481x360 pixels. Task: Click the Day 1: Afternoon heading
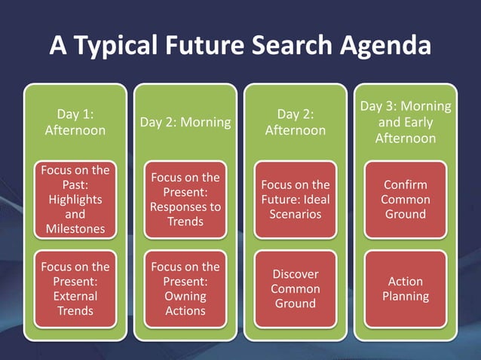pyautogui.click(x=75, y=122)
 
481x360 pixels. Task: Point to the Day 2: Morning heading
pyautogui.click(x=185, y=122)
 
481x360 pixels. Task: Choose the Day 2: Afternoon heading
pyautogui.click(x=296, y=122)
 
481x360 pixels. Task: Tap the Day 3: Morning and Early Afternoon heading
pyautogui.click(x=406, y=122)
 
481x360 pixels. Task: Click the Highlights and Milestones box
pyautogui.click(x=75, y=200)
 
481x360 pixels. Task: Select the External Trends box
pyautogui.click(x=75, y=288)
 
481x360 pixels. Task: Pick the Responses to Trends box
pyautogui.click(x=185, y=200)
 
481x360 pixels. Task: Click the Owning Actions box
pyautogui.click(x=185, y=288)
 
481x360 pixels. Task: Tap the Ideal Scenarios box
pyautogui.click(x=296, y=200)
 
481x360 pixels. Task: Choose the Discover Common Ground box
pyautogui.click(x=296, y=288)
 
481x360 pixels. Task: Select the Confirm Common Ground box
pyautogui.click(x=406, y=200)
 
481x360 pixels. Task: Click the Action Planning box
pyautogui.click(x=406, y=288)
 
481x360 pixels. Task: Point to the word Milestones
pyautogui.click(x=75, y=229)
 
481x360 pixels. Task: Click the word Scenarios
pyautogui.click(x=296, y=214)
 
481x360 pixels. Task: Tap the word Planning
pyautogui.click(x=406, y=296)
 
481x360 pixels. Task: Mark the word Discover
pyautogui.click(x=296, y=274)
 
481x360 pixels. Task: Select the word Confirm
pyautogui.click(x=406, y=185)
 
